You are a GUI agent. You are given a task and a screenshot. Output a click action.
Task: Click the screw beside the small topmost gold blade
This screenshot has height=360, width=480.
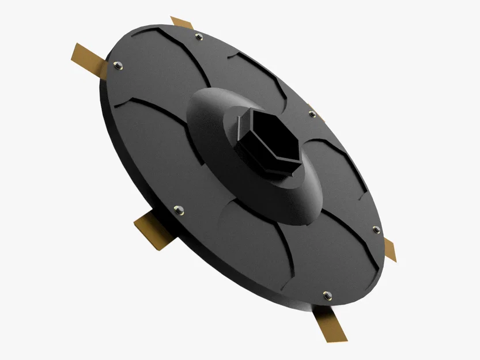pyautogui.click(x=199, y=37)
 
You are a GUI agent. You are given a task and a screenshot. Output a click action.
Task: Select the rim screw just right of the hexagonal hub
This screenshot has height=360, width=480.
pyautogui.click(x=312, y=114)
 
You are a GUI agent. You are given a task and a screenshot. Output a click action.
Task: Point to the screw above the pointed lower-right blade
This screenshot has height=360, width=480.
pyautogui.click(x=376, y=230)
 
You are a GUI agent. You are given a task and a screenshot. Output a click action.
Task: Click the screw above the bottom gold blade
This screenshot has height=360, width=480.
pyautogui.click(x=327, y=295)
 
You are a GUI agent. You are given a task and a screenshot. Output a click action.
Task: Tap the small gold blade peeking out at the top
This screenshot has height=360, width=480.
pyautogui.click(x=182, y=23)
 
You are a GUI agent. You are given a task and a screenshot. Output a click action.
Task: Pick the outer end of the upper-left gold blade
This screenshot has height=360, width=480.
pyautogui.click(x=77, y=51)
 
